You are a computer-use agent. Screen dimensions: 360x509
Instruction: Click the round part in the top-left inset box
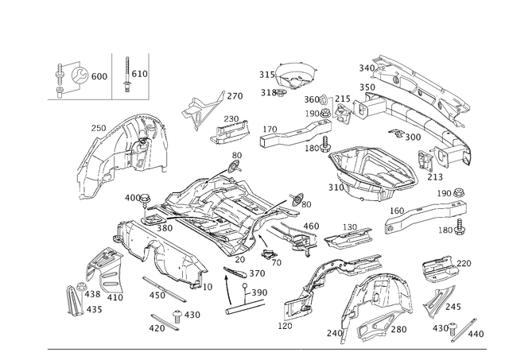[77, 75]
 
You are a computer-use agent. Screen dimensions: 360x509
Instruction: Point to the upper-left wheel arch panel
[127, 147]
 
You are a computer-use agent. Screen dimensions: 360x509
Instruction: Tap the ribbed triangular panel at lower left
[101, 266]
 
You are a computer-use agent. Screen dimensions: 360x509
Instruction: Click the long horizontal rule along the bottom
[262, 350]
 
